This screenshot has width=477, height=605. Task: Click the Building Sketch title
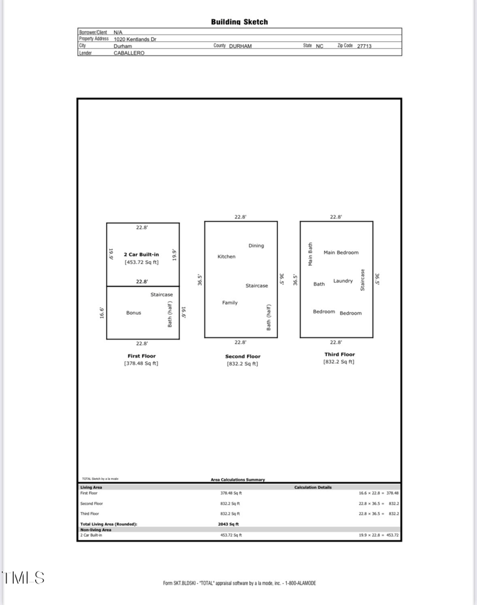point(239,22)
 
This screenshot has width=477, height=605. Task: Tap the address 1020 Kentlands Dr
point(135,39)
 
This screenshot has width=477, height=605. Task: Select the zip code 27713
point(364,46)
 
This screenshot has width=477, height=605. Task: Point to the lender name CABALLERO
point(129,53)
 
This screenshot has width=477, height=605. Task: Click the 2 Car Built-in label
point(141,255)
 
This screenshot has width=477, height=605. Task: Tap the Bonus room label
point(134,313)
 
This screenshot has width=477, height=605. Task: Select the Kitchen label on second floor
point(227,257)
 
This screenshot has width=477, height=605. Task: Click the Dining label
point(256,246)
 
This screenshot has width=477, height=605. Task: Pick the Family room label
point(230,303)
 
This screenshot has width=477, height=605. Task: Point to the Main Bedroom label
point(341,253)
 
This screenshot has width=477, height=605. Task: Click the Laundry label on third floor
point(343,281)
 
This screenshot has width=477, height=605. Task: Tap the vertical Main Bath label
point(310,254)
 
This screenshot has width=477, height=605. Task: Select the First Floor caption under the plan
point(141,356)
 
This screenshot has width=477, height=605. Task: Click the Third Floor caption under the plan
point(339,355)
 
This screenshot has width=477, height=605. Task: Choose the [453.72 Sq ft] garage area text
point(141,262)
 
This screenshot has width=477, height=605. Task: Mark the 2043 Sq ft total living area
point(228,524)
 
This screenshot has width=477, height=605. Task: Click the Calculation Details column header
point(313,488)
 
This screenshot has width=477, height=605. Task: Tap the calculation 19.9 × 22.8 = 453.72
point(379,535)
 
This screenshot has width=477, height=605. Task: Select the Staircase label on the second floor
point(257,286)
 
